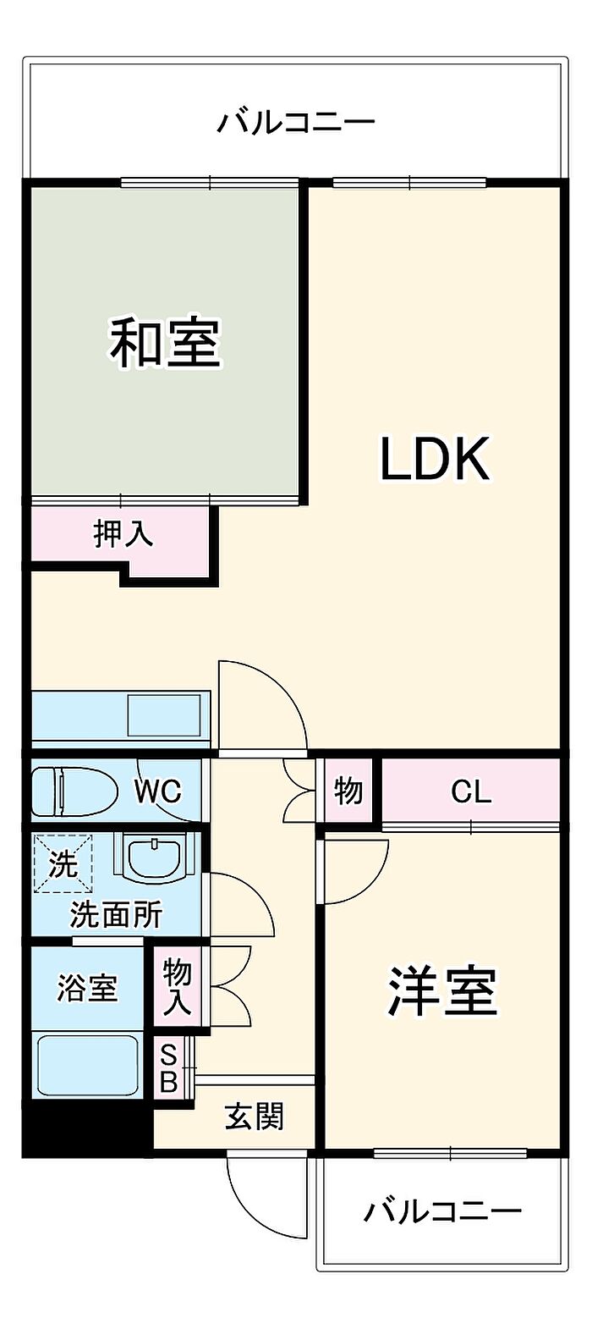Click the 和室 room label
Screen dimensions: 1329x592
pyautogui.click(x=165, y=342)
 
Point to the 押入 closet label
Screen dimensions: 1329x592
pyautogui.click(x=123, y=533)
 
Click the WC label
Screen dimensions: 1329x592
pyautogui.click(x=157, y=791)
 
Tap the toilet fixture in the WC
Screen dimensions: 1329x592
pyautogui.click(x=74, y=791)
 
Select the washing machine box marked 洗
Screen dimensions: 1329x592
pyautogui.click(x=63, y=864)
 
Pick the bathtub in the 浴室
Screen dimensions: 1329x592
pyautogui.click(x=88, y=1064)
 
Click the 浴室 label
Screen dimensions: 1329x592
pyautogui.click(x=87, y=988)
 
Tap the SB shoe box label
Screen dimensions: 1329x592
pyautogui.click(x=168, y=1067)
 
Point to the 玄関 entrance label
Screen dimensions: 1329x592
pyautogui.click(x=254, y=1117)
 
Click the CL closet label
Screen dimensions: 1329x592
pyautogui.click(x=470, y=791)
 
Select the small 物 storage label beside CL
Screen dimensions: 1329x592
pyautogui.click(x=348, y=791)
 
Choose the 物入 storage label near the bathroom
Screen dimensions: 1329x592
pyautogui.click(x=178, y=987)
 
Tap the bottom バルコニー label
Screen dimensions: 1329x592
pyautogui.click(x=442, y=1211)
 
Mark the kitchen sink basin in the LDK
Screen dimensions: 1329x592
pyautogui.click(x=167, y=716)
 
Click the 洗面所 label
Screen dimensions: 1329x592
pyautogui.click(x=116, y=914)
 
